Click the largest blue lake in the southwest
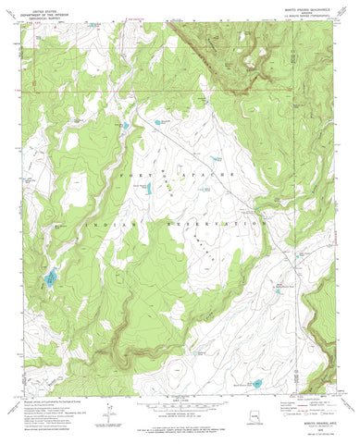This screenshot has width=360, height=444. tap(49, 277)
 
